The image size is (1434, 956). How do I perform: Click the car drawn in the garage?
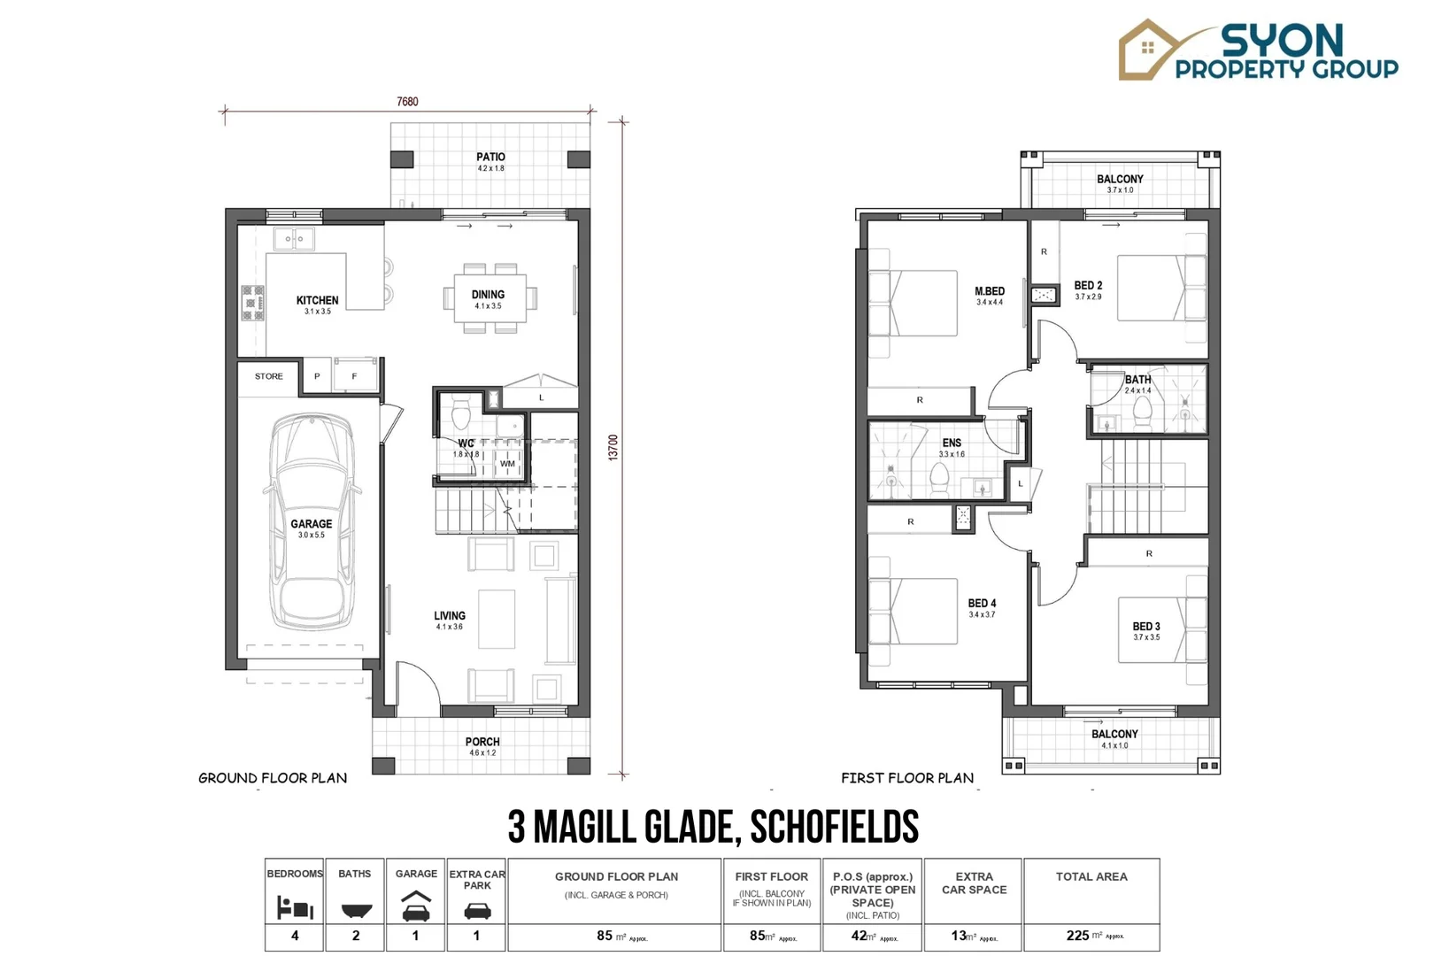312,522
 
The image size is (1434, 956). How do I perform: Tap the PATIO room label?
490,157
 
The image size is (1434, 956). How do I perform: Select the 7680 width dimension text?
407,101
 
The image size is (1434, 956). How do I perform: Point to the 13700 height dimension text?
613,447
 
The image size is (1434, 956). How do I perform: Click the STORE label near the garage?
269,376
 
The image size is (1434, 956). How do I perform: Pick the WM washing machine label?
507,463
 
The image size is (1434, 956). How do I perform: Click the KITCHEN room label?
317,300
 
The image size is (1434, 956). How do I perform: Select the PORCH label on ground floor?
482,742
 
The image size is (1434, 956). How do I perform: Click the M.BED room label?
990,291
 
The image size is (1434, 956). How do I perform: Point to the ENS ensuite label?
952,443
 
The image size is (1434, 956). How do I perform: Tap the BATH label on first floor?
1137,379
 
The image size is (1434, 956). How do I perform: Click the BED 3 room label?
1146,626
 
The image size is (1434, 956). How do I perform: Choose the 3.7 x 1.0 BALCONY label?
1120,179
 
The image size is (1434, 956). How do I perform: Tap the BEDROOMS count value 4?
295,936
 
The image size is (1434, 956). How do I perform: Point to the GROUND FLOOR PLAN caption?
273,777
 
